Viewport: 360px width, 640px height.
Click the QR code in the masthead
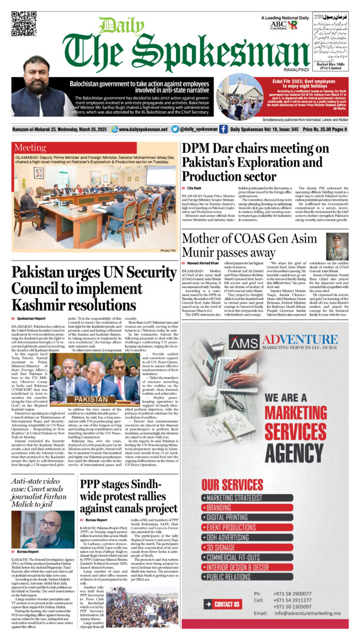coord(24,23)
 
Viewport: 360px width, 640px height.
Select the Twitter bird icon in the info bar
coord(175,129)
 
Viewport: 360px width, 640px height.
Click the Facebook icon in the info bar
coord(223,129)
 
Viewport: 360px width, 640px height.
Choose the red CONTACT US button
coord(222,604)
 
